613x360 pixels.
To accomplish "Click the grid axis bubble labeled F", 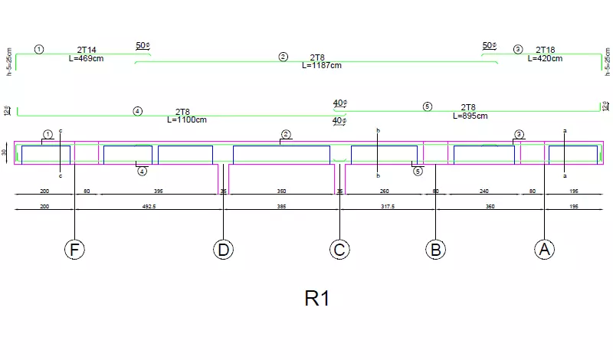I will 74,249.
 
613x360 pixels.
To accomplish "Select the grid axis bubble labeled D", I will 223,249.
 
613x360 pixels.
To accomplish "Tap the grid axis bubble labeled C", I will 340,249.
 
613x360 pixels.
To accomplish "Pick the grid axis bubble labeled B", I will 435,249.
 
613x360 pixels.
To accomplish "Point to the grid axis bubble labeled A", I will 544,249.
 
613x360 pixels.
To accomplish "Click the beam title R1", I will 317,298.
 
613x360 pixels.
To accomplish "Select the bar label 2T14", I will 87,50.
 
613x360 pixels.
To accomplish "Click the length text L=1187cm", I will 321,65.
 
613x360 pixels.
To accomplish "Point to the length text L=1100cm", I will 187,119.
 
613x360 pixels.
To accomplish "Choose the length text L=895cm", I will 470,116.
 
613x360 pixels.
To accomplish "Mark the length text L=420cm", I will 545,58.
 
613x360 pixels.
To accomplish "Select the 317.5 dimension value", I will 388,207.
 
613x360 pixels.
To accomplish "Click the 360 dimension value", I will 490,207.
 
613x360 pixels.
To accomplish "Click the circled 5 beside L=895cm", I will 428,106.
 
